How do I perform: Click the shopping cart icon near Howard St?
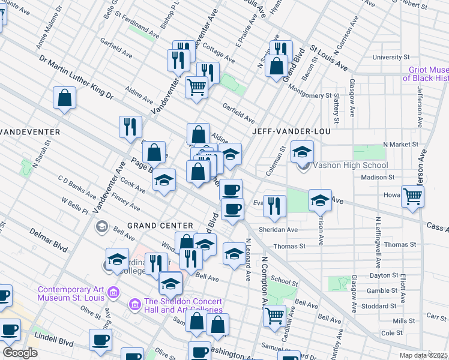[x=412, y=196]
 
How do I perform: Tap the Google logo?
[x=20, y=353]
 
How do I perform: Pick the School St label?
[x=284, y=281]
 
